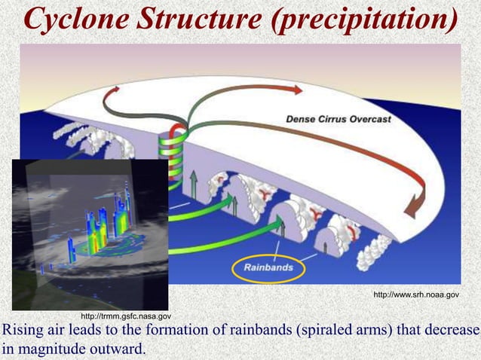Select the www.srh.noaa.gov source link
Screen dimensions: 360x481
coord(415,296)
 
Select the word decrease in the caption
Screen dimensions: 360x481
coord(452,332)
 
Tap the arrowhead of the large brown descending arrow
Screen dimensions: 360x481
coord(415,208)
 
